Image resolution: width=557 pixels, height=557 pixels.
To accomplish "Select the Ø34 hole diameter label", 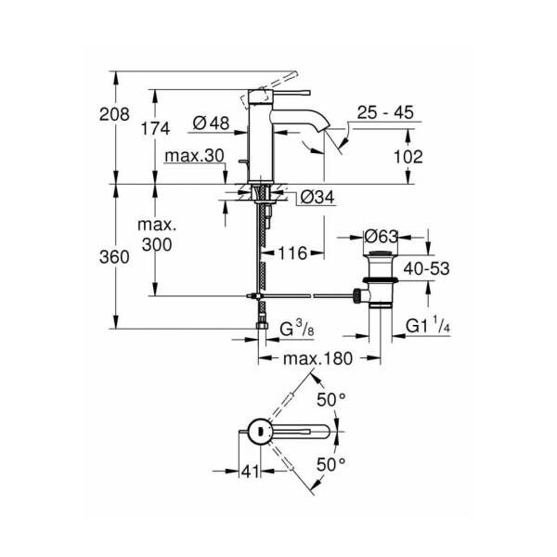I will pyautogui.click(x=315, y=196).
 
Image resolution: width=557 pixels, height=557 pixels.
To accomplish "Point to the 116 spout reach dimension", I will pyautogui.click(x=291, y=252).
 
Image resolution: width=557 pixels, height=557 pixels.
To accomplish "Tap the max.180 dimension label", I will pyautogui.click(x=317, y=359).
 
